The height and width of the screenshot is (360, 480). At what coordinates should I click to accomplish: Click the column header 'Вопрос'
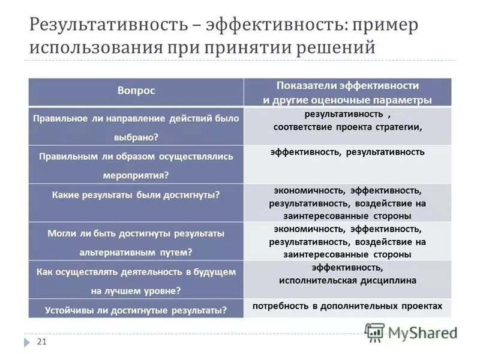point(136,91)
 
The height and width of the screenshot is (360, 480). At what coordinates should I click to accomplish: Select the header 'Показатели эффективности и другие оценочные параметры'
point(347,92)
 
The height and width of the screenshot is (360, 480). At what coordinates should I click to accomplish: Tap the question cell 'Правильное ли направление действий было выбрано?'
point(136,127)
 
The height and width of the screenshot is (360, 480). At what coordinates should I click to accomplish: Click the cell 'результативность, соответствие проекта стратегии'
point(347,121)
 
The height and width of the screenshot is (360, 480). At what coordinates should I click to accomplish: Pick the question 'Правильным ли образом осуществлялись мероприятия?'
point(136,165)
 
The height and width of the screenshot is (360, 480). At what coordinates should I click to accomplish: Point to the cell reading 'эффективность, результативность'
point(347,152)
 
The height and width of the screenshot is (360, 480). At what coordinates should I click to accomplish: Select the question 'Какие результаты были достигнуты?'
point(136,195)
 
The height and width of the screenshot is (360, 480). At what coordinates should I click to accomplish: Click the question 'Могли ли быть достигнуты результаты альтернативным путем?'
point(136,242)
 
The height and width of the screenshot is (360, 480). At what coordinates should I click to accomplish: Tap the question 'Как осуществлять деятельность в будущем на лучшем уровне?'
point(136,281)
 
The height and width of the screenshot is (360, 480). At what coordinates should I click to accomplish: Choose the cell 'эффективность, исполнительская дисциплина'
point(347,274)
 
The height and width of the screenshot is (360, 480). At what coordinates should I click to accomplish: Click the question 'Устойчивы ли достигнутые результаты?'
point(136,310)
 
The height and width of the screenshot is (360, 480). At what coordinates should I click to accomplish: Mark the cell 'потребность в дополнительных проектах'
point(347,306)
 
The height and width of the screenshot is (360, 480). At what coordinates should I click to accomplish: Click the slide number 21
point(41,341)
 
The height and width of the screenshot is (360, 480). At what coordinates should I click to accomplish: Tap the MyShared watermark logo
point(412,332)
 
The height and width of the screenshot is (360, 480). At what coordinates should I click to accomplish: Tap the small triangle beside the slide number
point(27,342)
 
